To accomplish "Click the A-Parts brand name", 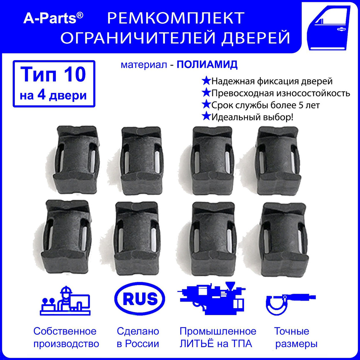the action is [x=53, y=18].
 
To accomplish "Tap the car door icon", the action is [x=329, y=27].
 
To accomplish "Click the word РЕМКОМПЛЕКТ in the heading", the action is [x=176, y=18].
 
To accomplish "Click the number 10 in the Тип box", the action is [x=75, y=75].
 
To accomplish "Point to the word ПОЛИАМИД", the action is [x=207, y=65].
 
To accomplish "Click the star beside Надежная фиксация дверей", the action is [x=206, y=81].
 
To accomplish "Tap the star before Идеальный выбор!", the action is [x=206, y=117].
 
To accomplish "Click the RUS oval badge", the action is [x=140, y=299].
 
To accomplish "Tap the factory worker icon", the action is [x=66, y=301].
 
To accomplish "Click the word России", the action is [x=142, y=344].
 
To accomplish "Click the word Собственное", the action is [x=65, y=331].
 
